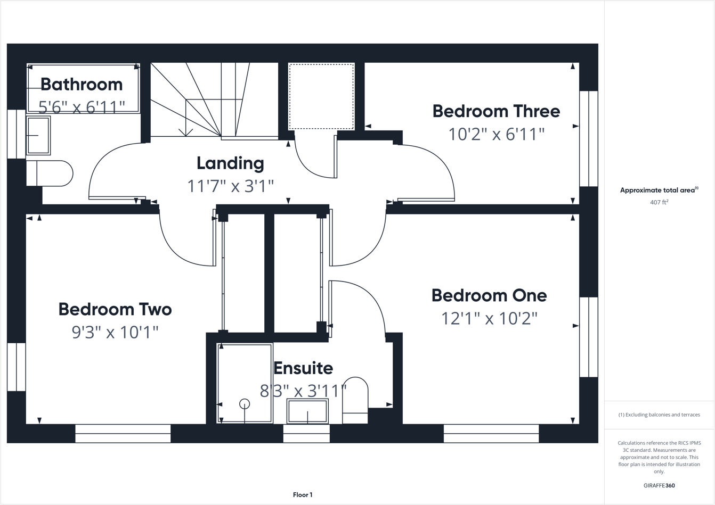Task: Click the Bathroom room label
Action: click(82, 84)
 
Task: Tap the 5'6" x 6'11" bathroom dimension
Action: click(82, 107)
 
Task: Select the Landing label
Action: click(230, 163)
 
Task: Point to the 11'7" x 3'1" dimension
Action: click(230, 186)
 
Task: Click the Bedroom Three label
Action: click(496, 111)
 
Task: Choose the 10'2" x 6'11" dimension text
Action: click(496, 134)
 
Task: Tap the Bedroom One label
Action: click(489, 295)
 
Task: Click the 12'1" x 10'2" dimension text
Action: click(489, 318)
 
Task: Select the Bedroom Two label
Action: click(115, 309)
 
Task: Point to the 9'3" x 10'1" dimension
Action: click(115, 332)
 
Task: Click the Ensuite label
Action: click(303, 368)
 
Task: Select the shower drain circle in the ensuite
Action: click(245, 404)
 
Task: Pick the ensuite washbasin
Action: click(307, 411)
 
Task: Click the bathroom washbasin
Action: click(38, 136)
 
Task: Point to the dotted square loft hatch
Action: click(321, 96)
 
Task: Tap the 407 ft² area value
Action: click(659, 202)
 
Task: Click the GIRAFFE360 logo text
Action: click(659, 485)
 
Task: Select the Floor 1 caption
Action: click(303, 495)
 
